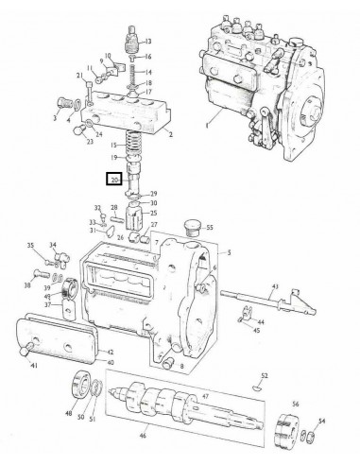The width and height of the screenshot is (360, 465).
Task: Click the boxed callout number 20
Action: [x=115, y=178]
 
